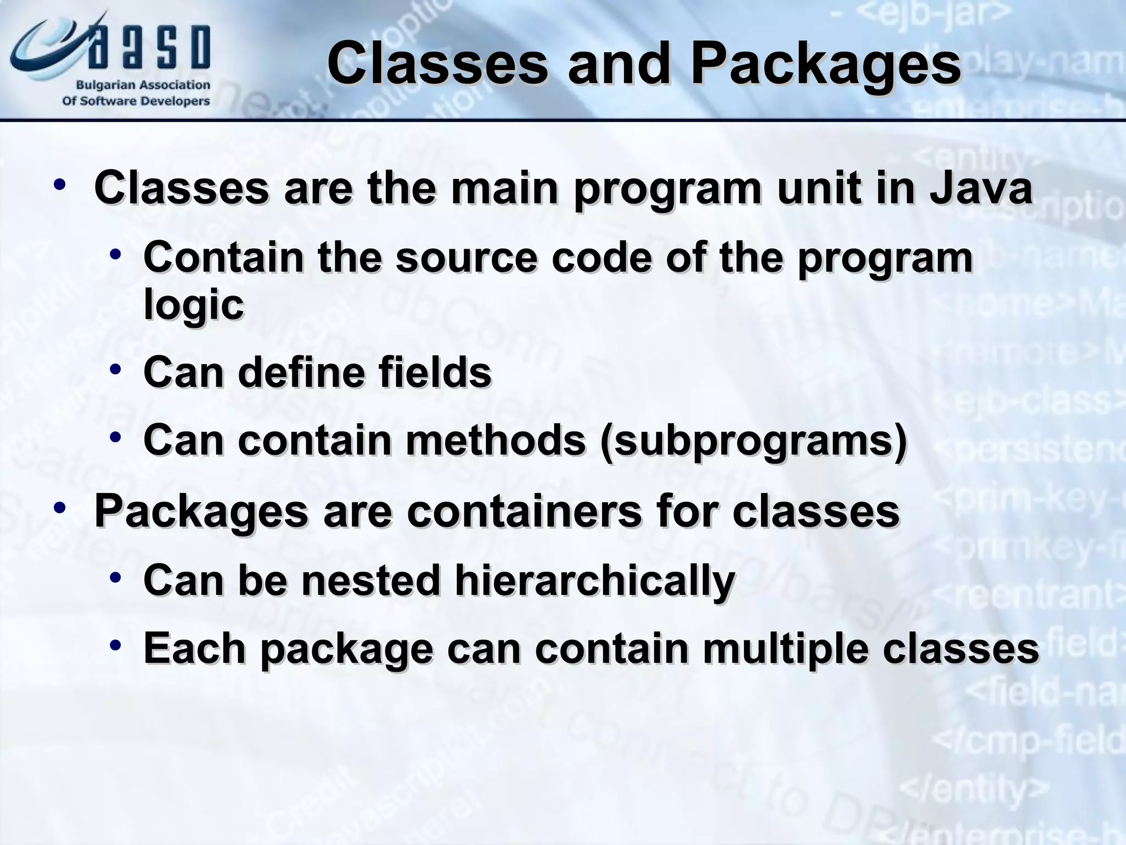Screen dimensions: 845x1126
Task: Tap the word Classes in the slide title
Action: click(438, 65)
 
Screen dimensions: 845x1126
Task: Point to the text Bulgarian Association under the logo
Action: click(143, 85)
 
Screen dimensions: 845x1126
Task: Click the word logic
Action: click(194, 305)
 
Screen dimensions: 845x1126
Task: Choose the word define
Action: click(300, 372)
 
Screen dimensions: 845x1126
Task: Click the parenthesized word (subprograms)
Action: click(753, 441)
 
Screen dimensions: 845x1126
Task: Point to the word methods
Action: click(495, 441)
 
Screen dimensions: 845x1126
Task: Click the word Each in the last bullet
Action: click(194, 649)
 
